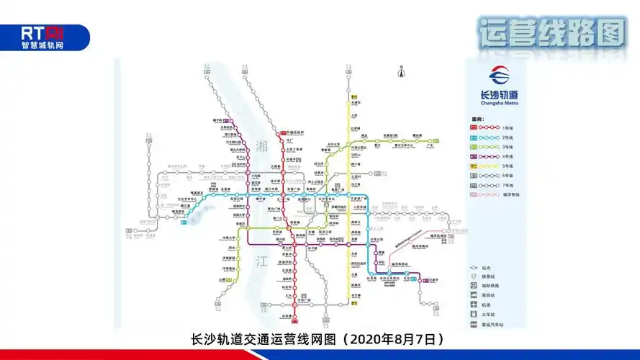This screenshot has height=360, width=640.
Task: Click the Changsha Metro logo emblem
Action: [498, 76]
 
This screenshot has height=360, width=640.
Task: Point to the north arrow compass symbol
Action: [400, 71]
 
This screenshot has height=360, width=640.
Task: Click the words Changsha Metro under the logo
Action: [498, 103]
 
